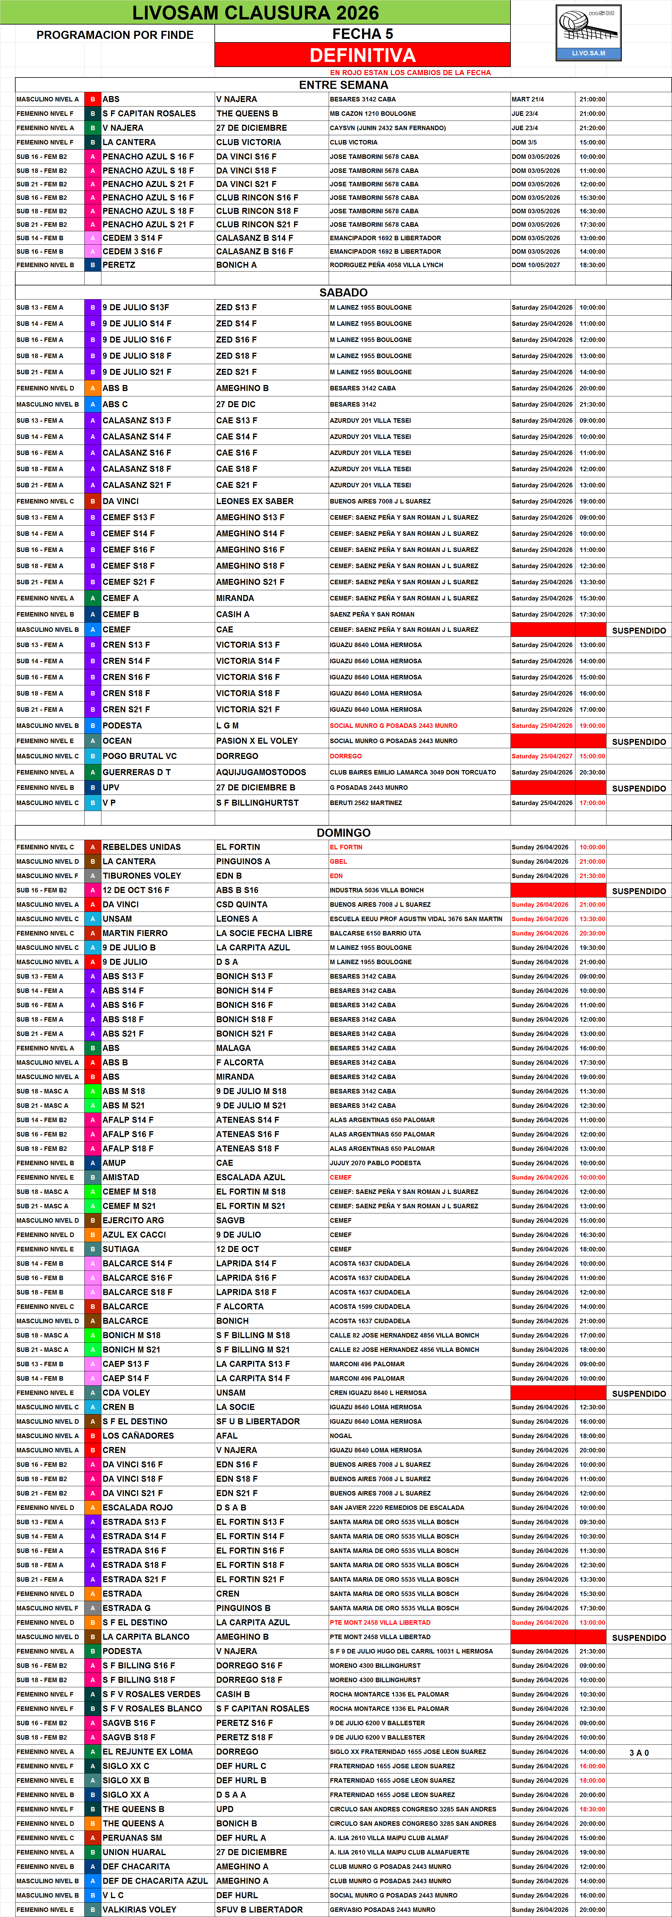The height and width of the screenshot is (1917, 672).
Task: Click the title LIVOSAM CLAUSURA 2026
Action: [x=255, y=13]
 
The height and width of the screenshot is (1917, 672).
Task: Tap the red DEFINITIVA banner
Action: [x=362, y=55]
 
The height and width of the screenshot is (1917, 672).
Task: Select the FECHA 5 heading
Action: [x=362, y=34]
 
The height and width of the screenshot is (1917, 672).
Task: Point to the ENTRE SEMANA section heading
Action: [x=343, y=85]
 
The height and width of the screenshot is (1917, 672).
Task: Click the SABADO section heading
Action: [x=343, y=293]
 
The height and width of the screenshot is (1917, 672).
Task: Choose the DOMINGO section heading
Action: [x=343, y=833]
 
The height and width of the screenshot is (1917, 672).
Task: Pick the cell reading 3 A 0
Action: [x=639, y=1752]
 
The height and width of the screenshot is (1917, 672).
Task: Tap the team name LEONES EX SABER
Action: [x=255, y=501]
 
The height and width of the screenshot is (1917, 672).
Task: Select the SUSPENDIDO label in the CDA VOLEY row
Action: [x=639, y=1394]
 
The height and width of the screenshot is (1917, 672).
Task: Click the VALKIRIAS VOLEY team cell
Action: [x=139, y=1910]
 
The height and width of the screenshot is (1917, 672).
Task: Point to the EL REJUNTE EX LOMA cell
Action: [x=147, y=1752]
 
